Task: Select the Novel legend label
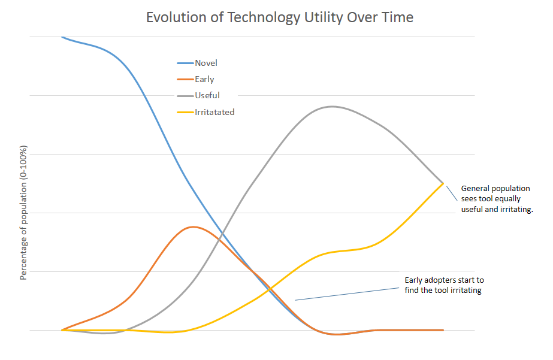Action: (206, 63)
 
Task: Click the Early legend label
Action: (204, 79)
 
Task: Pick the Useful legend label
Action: (207, 95)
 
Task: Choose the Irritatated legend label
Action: (214, 112)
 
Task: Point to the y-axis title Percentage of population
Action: (24, 213)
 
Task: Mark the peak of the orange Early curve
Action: (192, 227)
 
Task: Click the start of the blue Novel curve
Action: (63, 37)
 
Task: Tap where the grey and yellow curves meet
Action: (443, 183)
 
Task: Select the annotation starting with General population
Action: (496, 199)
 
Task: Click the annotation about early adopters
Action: (444, 285)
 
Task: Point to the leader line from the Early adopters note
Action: (347, 294)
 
